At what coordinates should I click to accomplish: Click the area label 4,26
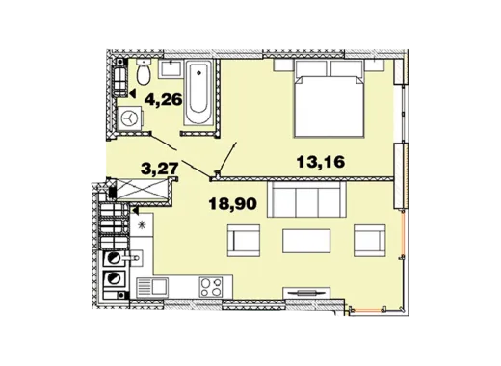tap(164, 99)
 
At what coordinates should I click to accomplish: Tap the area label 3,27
tap(160, 169)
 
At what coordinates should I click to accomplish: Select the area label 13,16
tap(321, 162)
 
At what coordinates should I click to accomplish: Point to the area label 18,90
tap(233, 203)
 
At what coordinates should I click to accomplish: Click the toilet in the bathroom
tap(144, 71)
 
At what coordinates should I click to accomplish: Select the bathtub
tap(199, 92)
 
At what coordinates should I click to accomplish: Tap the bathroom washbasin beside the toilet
tap(171, 68)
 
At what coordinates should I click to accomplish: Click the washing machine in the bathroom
tap(130, 119)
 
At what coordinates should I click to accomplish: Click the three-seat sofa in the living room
tap(307, 199)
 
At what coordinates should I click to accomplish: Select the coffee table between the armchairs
tap(306, 241)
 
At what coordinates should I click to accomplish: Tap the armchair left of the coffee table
tap(244, 241)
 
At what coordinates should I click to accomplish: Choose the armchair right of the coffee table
tap(370, 241)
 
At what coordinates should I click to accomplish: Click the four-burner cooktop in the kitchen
tap(211, 287)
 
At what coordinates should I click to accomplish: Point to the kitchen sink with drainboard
tap(152, 287)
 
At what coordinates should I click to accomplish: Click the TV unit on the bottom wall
tap(306, 293)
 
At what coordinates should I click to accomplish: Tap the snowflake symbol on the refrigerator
tap(141, 225)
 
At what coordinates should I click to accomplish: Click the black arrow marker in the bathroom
tap(133, 93)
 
